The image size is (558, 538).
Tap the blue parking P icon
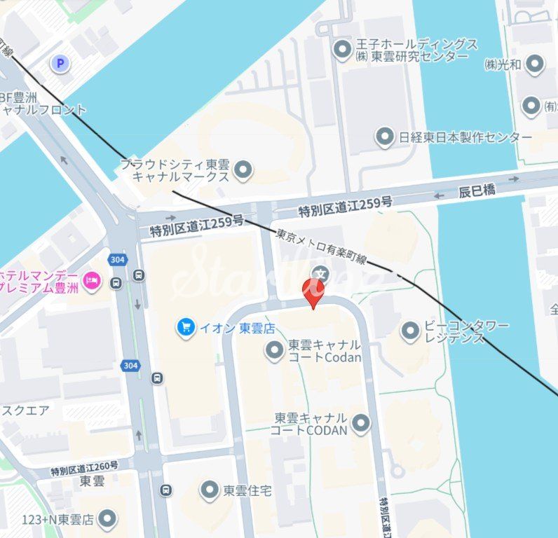(x=60, y=64)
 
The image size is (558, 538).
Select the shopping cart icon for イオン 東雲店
(x=186, y=327)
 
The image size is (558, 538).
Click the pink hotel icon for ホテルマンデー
(x=92, y=282)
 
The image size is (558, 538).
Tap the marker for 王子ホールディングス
(x=342, y=49)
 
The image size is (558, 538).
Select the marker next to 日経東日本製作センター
(x=384, y=137)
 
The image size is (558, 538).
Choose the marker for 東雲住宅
(x=210, y=490)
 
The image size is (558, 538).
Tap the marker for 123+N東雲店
(x=107, y=519)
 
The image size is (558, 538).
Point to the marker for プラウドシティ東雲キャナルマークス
(x=243, y=170)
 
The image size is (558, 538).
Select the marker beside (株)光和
(x=535, y=64)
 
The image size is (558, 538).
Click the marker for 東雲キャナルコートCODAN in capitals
(x=360, y=423)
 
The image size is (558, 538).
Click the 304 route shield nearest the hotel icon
(x=117, y=260)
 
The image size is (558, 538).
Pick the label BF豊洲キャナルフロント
(x=43, y=104)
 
